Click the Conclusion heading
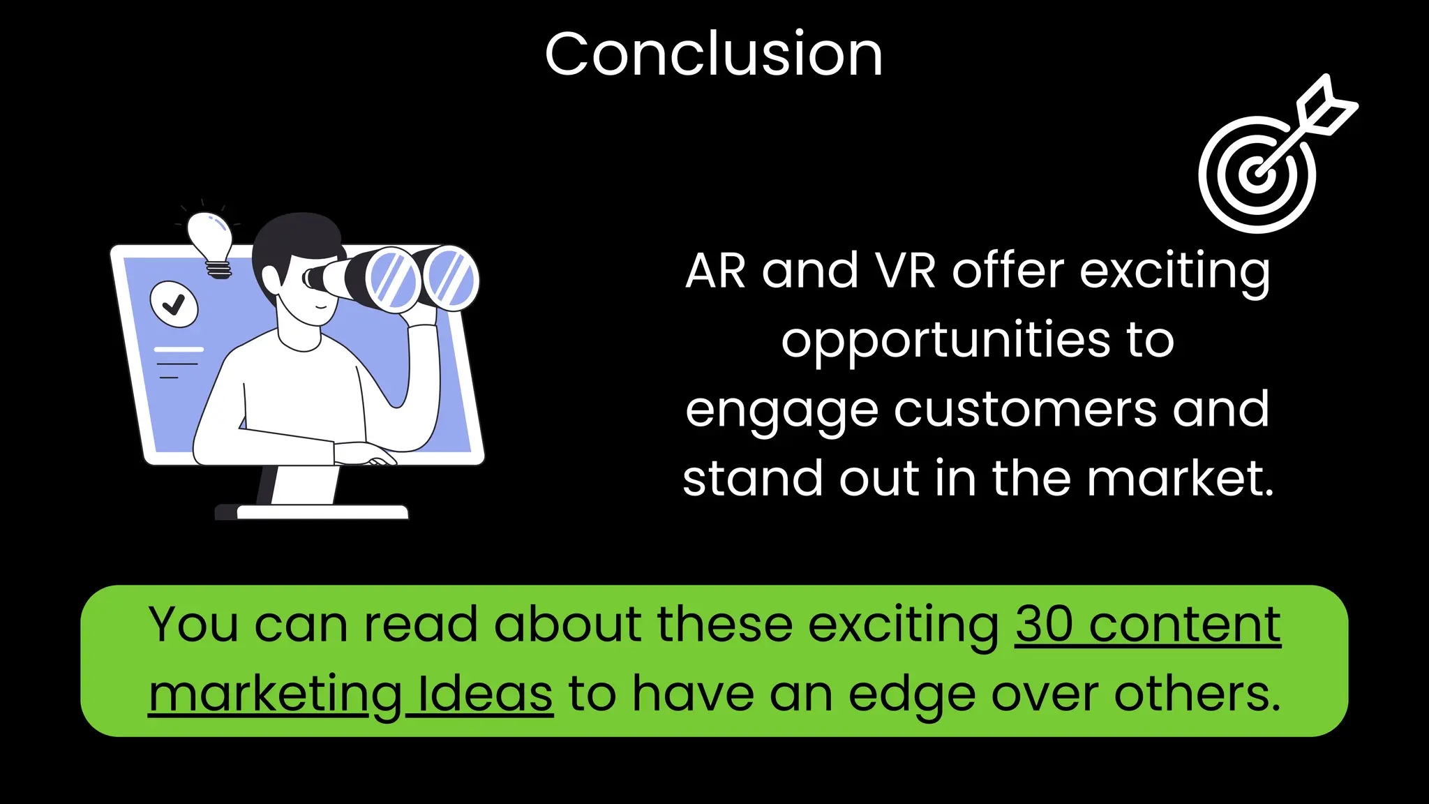click(714, 54)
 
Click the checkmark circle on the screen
click(174, 304)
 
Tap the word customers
click(1025, 410)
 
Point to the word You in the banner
click(193, 624)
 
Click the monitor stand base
click(312, 512)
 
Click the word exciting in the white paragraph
click(1175, 272)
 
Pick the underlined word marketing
click(275, 695)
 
